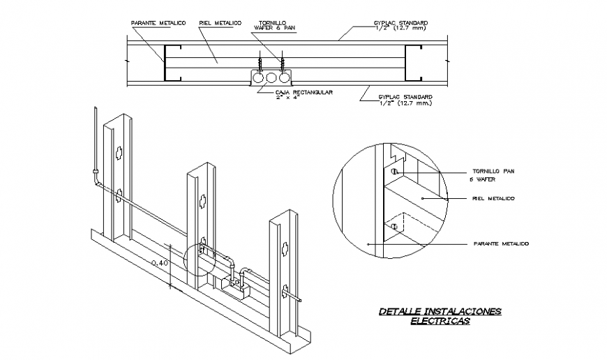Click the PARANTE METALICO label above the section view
[x=158, y=23]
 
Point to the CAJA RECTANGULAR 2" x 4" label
[x=303, y=94]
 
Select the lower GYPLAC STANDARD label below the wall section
[x=405, y=100]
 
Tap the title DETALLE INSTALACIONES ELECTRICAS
[x=440, y=316]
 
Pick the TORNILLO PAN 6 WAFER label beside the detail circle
[x=493, y=174]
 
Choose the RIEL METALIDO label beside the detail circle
[x=493, y=199]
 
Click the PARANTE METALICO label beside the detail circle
[x=500, y=243]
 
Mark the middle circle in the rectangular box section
[x=272, y=79]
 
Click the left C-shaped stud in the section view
[x=172, y=63]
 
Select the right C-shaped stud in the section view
[x=414, y=63]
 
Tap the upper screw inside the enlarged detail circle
[x=394, y=172]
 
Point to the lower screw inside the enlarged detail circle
[x=394, y=227]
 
